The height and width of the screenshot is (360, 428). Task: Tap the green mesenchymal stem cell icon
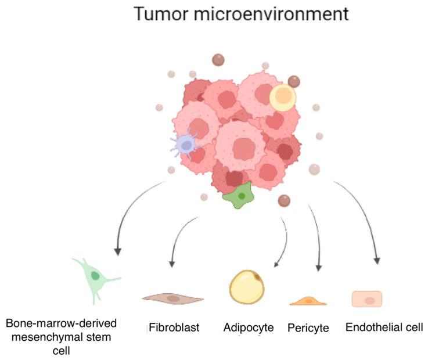pos(94,278)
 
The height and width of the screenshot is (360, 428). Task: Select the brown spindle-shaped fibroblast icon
pos(173,298)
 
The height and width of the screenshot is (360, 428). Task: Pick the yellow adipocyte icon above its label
pos(247,286)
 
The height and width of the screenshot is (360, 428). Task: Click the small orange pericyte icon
pos(308,301)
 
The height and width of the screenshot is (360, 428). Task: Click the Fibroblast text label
pos(173,327)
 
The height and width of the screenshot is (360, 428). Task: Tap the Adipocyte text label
pos(249,327)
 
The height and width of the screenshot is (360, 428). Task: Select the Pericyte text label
pos(308,328)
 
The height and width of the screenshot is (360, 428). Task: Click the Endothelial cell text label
pos(384,327)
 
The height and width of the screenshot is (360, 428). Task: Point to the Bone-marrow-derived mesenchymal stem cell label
pos(60,336)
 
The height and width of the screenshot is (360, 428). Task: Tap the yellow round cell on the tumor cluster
pos(283,98)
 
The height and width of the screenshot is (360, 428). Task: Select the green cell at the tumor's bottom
pos(238,196)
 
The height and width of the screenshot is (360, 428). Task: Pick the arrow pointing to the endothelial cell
pos(365,215)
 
